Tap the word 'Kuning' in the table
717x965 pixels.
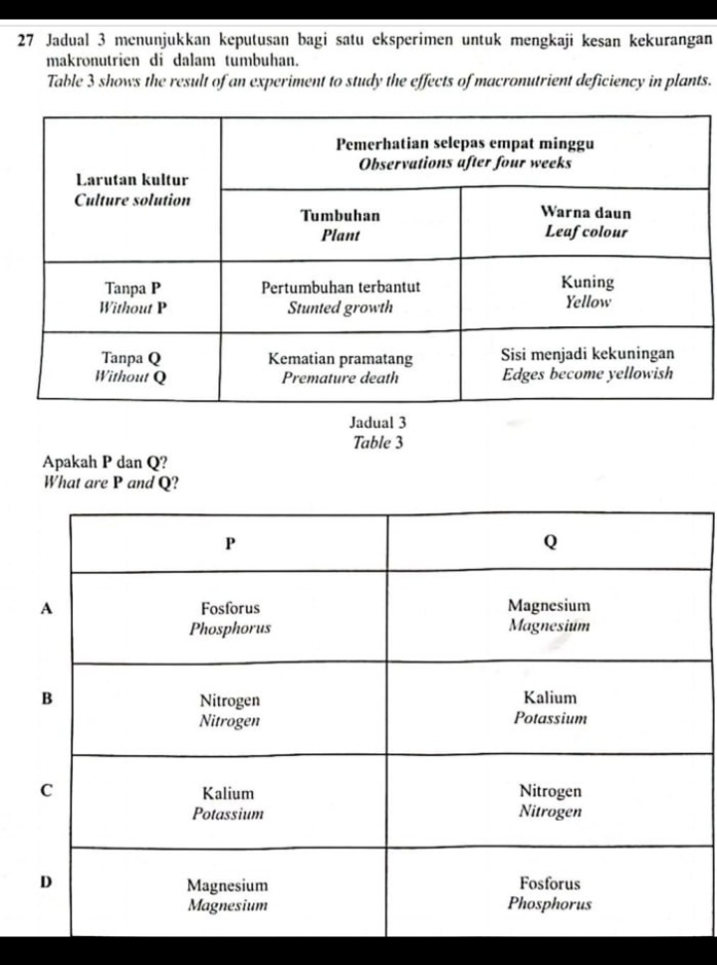587,282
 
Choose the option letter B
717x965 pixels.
45,698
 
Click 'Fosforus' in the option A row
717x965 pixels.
230,608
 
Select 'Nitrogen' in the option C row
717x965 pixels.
550,792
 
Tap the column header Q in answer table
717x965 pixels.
550,543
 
